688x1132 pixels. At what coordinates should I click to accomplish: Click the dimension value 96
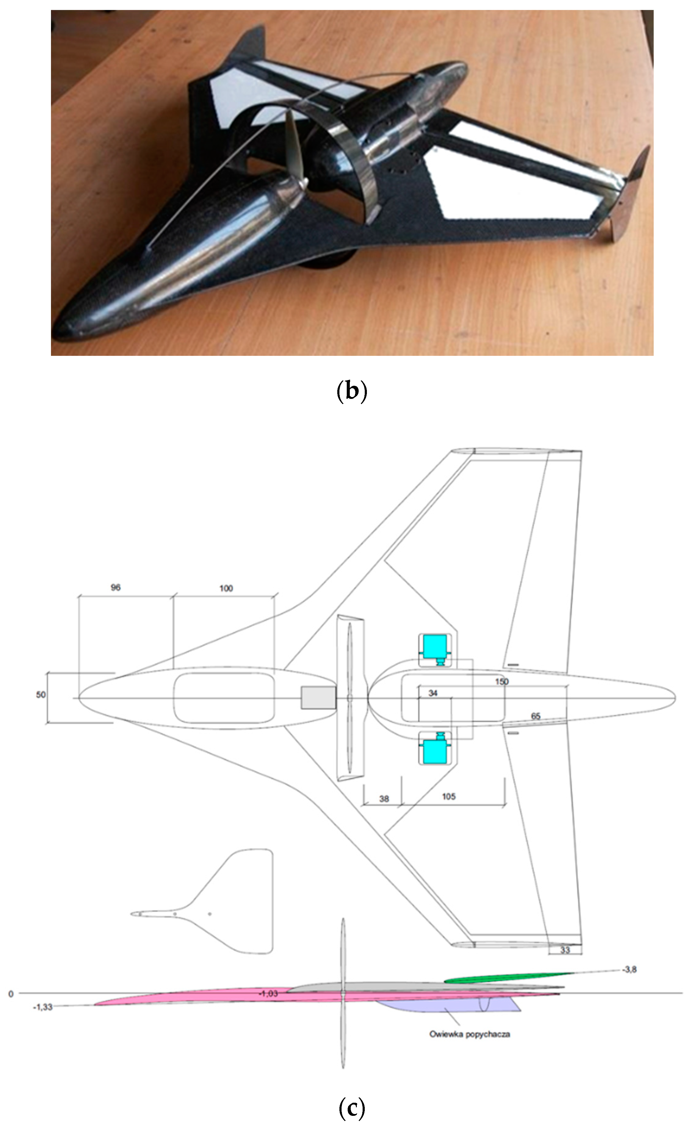pyautogui.click(x=115, y=588)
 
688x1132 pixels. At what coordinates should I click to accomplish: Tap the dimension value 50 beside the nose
pyautogui.click(x=41, y=695)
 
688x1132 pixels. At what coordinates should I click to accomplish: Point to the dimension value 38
pyautogui.click(x=384, y=798)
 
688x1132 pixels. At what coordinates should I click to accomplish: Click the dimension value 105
pyautogui.click(x=448, y=797)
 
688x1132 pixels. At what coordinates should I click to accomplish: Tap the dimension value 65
pyautogui.click(x=535, y=716)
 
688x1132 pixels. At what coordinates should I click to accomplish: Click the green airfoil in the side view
pyautogui.click(x=506, y=977)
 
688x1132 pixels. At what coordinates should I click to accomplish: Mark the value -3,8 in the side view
pyautogui.click(x=629, y=970)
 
